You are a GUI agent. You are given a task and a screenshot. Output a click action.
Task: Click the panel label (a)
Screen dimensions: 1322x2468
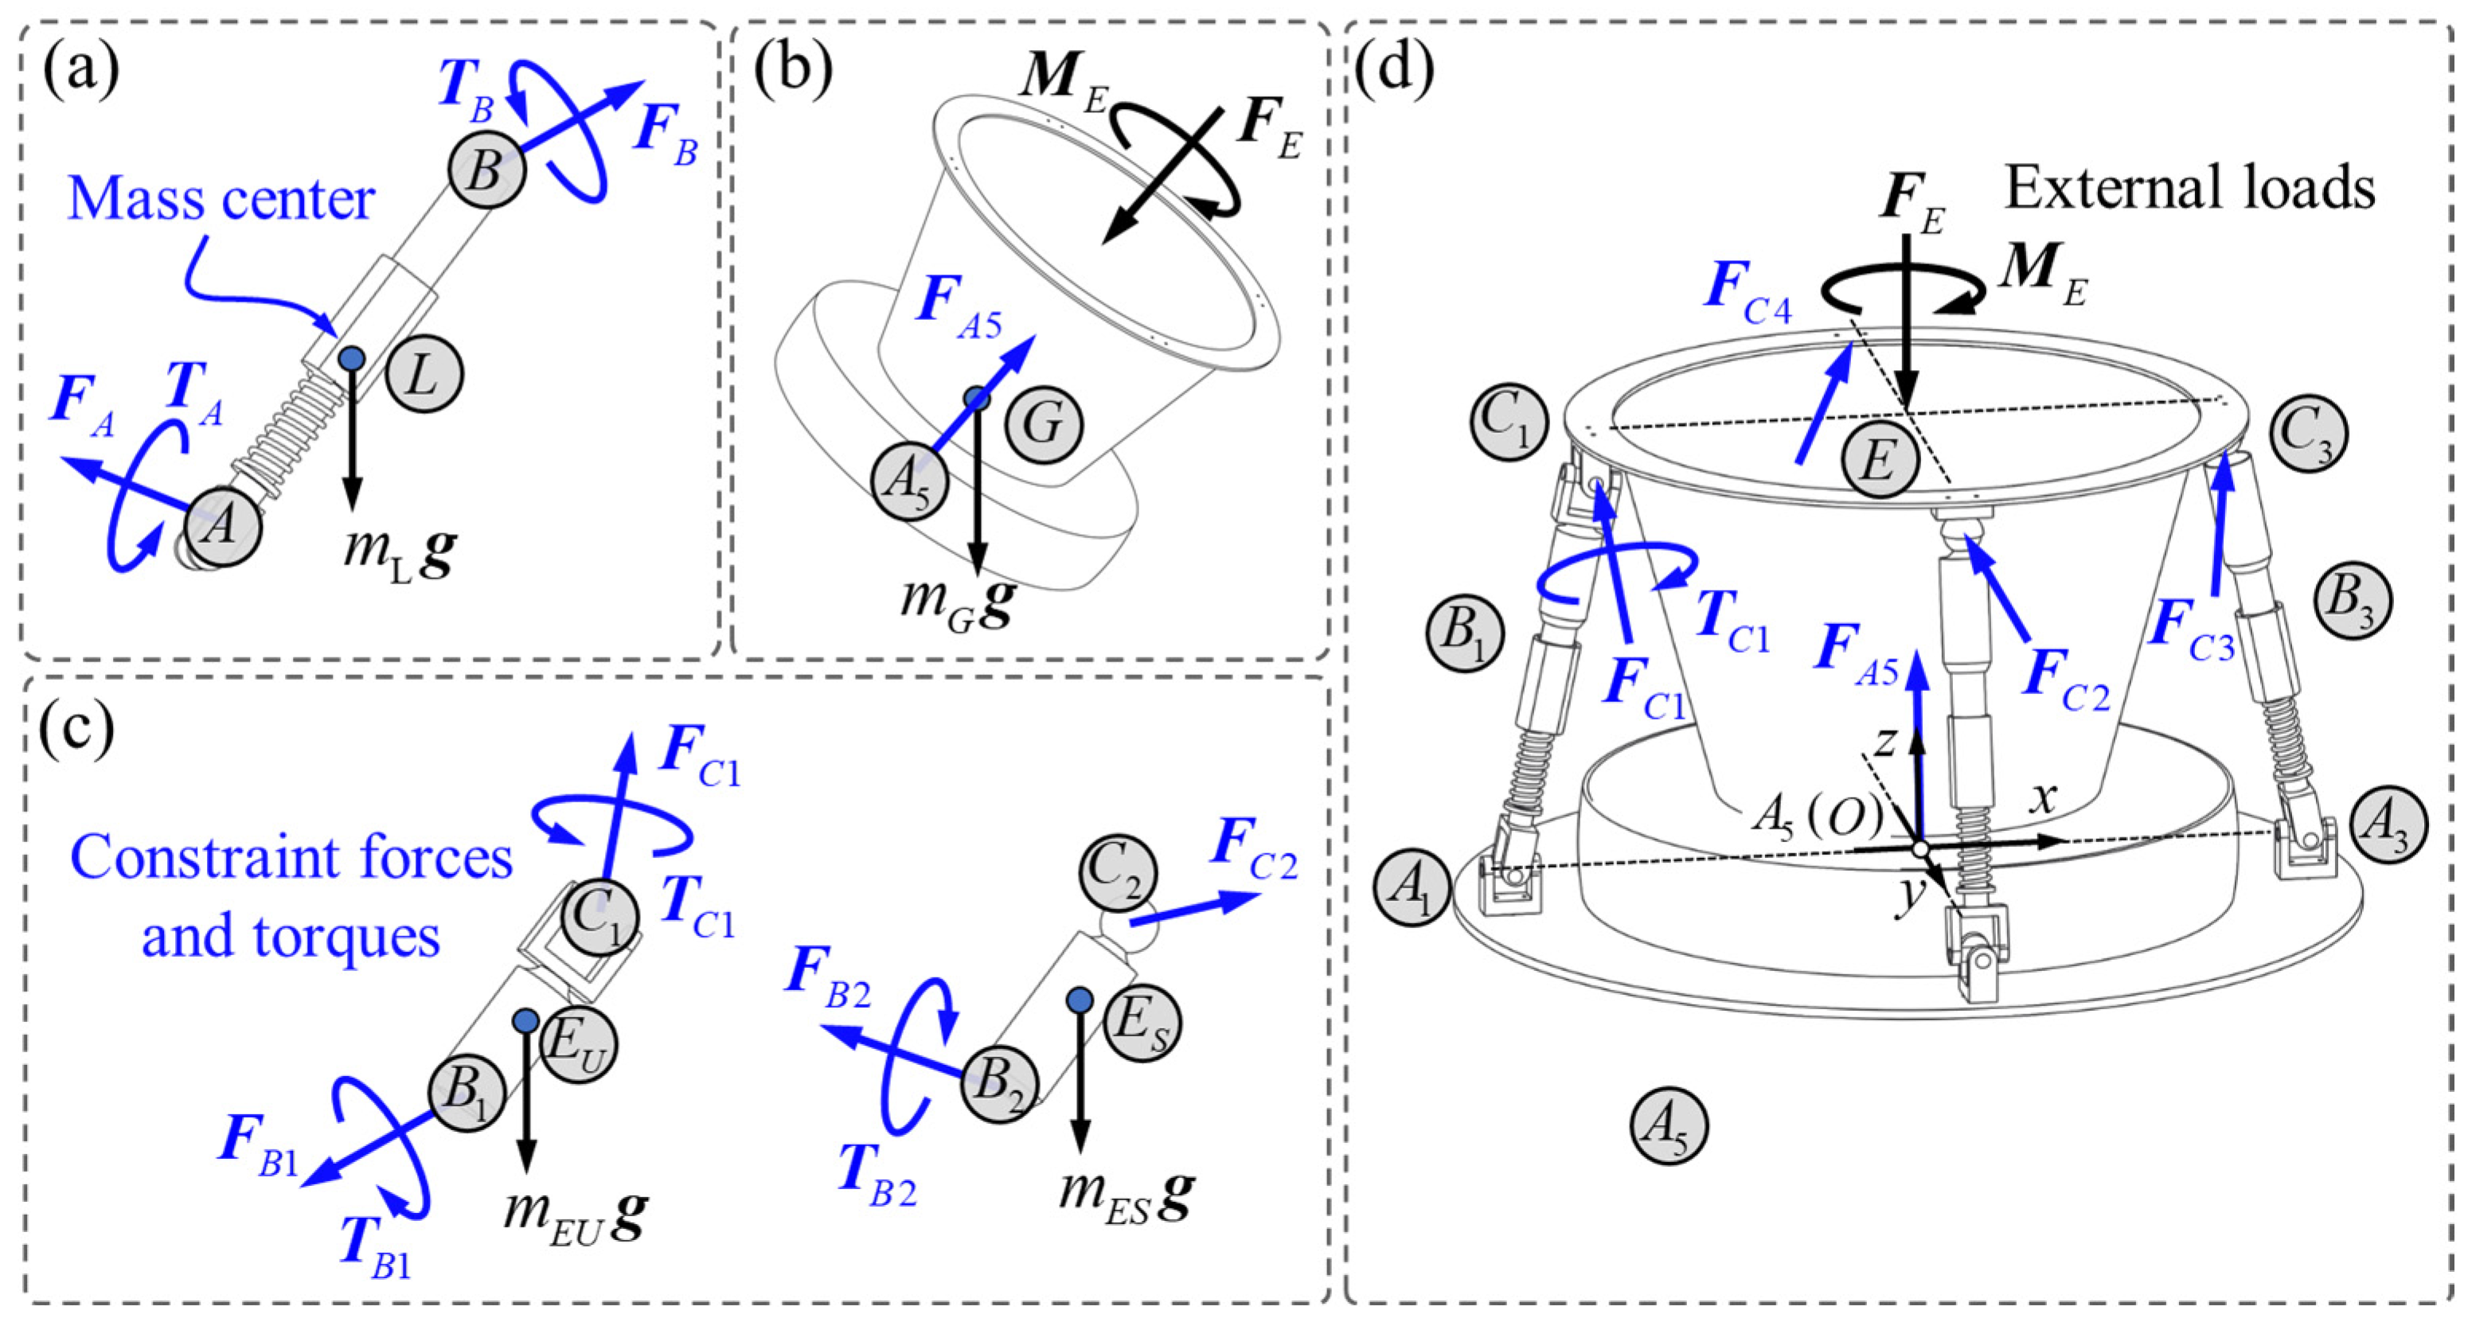(x=80, y=70)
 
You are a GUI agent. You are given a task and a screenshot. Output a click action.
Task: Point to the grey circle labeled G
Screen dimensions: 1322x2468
(x=1044, y=423)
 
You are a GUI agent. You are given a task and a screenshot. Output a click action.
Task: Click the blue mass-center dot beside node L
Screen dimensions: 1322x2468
(x=353, y=359)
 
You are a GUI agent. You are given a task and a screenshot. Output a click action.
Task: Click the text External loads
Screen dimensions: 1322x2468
(x=2190, y=188)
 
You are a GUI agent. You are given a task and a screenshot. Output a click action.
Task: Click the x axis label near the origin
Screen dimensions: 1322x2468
(x=2044, y=797)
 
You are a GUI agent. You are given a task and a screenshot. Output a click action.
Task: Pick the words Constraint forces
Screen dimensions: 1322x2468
(x=292, y=857)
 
